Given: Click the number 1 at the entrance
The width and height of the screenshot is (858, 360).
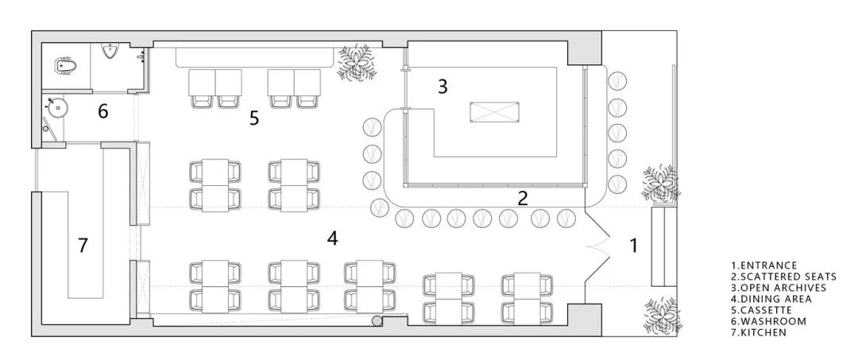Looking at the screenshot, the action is [634, 245].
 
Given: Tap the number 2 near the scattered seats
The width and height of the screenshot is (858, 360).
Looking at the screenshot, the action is [523, 198].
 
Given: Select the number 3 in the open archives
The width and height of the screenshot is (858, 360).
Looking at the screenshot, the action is [443, 87].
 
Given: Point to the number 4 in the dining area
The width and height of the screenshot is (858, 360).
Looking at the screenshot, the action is [332, 238].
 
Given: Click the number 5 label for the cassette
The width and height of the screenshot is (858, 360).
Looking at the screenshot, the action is [254, 118].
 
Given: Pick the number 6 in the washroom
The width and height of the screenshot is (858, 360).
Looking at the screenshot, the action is [102, 111].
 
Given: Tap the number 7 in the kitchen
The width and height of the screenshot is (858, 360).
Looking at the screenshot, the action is [83, 245].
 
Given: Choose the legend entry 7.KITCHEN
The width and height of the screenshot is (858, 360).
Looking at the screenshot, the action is [759, 332].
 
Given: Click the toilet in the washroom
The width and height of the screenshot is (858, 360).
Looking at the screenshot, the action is [65, 66].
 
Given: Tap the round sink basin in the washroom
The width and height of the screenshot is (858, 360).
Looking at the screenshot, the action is [56, 107].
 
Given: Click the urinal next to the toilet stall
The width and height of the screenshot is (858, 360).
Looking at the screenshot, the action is [111, 52].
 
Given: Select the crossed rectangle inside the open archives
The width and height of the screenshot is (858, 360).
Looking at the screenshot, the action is [493, 111].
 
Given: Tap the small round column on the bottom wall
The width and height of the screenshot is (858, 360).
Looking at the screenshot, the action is [377, 320].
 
